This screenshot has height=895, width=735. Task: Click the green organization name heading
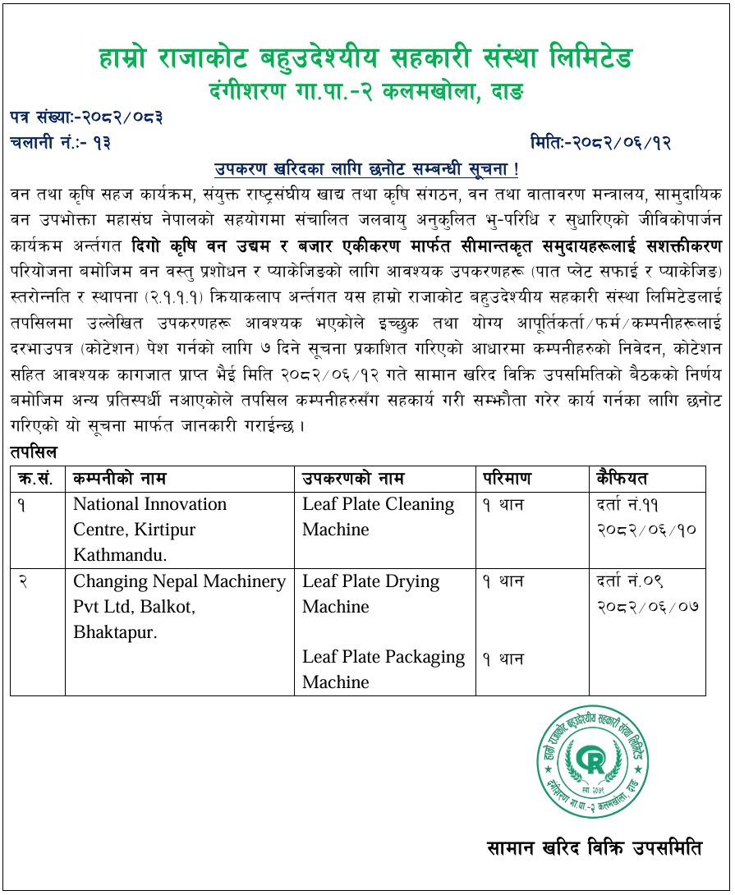[366, 59]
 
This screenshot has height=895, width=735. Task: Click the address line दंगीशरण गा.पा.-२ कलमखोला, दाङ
[366, 88]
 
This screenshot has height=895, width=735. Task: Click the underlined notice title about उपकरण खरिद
[366, 169]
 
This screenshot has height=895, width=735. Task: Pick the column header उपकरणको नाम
[353, 479]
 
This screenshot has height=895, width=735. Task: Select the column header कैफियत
[622, 479]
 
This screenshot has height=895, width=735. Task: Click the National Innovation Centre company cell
[149, 529]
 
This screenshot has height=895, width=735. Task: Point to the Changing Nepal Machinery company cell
[179, 607]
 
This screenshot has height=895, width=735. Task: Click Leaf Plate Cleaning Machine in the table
[378, 516]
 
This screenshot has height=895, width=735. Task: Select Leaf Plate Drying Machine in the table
[371, 594]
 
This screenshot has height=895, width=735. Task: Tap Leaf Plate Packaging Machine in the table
[383, 669]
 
